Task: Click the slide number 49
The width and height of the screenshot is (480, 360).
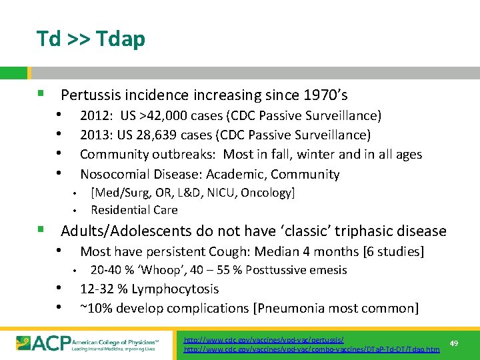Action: pyautogui.click(x=454, y=343)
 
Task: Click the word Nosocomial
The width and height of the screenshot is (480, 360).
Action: pyautogui.click(x=110, y=174)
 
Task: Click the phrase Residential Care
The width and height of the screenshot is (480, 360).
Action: pyautogui.click(x=134, y=210)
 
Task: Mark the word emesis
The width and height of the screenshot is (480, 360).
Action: pyautogui.click(x=327, y=270)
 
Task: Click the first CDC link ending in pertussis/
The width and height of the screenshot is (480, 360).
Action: pyautogui.click(x=264, y=340)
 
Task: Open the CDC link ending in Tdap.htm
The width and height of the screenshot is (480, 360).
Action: pyautogui.click(x=312, y=349)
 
